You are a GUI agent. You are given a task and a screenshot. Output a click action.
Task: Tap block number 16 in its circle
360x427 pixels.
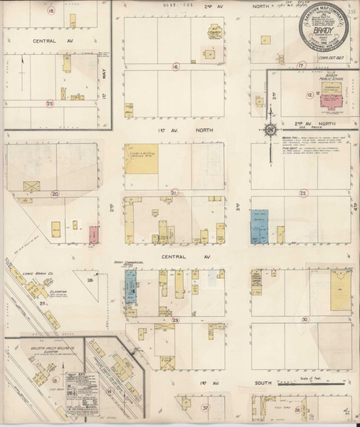pos(175,67)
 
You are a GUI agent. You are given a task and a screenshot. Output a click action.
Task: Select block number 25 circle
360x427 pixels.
pos(49,104)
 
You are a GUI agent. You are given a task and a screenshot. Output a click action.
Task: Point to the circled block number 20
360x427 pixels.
pos(54,192)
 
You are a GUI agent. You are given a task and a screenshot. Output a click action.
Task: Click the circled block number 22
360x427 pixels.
pos(304,192)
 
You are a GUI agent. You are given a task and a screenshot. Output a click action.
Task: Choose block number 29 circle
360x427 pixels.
pos(175,320)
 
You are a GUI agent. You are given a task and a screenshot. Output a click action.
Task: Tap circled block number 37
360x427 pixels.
pos(205,408)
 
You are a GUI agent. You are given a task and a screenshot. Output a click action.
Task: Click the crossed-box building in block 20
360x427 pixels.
pos(32,185)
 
